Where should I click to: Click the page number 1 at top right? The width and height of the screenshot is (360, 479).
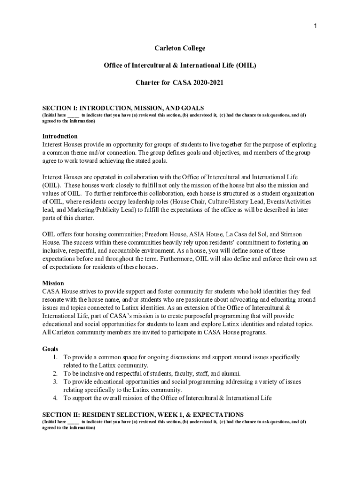point(316,26)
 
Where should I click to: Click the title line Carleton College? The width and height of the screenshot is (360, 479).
point(180,48)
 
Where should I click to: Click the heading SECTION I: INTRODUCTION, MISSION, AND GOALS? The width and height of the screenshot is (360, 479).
point(123,108)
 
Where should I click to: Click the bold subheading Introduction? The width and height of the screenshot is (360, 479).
point(60,137)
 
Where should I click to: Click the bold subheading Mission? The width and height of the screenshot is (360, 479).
point(53,283)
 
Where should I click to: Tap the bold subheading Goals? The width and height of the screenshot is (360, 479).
point(50,349)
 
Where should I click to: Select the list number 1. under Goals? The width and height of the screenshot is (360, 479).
point(55,357)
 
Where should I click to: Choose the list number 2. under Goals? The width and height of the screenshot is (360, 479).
point(55,373)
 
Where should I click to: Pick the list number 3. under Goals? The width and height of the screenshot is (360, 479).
point(55,382)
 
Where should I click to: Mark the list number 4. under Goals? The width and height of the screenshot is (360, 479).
point(55,398)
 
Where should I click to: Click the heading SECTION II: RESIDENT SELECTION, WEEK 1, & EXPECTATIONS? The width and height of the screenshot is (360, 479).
point(143,414)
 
